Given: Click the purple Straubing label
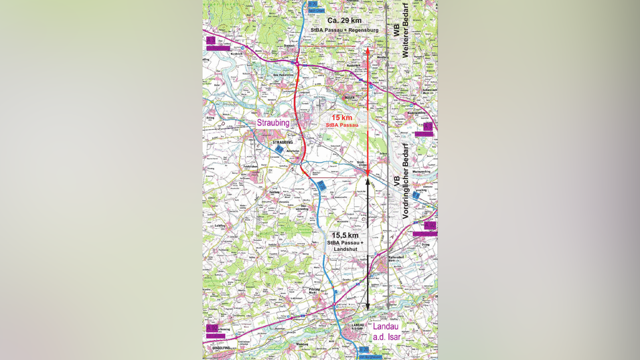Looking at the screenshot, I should pos(273,123).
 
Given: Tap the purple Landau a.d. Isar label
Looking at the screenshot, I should pos(386,332).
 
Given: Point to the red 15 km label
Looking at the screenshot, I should pos(341,117).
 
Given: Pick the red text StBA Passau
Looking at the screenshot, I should pos(342,125).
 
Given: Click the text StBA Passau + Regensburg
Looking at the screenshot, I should pos(345,31).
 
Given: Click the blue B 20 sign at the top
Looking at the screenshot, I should pos(313,4).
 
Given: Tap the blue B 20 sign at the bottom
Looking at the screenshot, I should pos(364,349).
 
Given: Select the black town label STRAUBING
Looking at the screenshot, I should pos(283,143).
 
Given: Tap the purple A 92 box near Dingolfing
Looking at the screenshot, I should pos(212,328).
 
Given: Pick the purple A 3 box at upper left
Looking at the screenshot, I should pos(211,41).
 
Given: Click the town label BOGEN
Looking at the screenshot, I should pos(349,98).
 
